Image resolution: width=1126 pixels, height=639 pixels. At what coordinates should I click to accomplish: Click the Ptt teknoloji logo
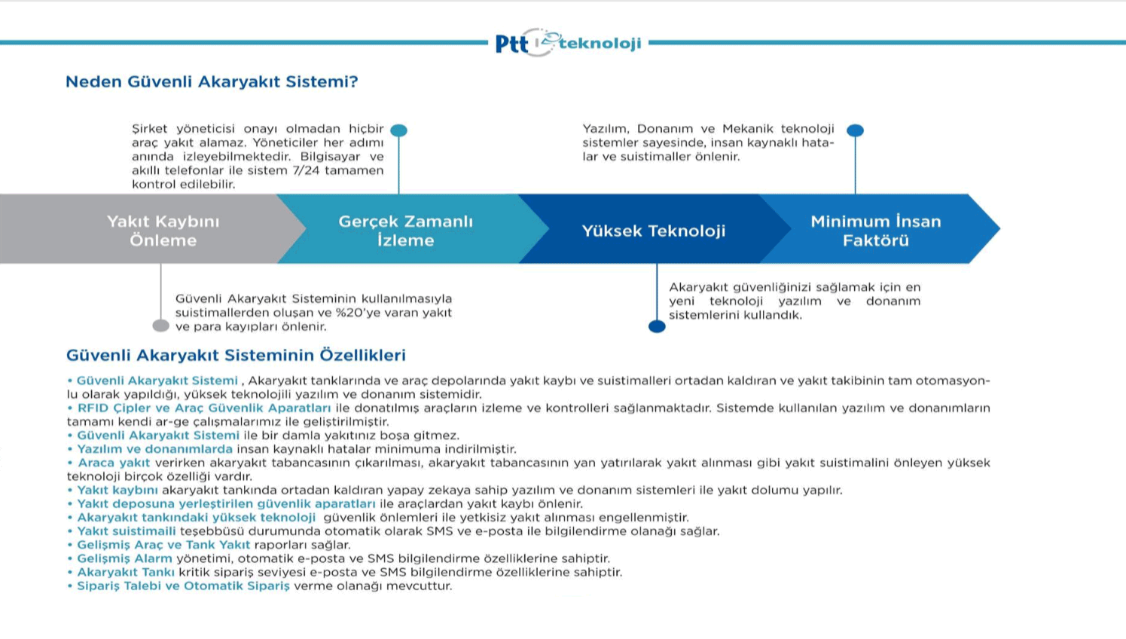[x=568, y=43]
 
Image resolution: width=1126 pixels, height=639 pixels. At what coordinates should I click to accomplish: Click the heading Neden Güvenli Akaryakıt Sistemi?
[x=212, y=81]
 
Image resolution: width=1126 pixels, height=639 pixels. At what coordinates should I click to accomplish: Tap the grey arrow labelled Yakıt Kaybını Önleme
[x=151, y=229]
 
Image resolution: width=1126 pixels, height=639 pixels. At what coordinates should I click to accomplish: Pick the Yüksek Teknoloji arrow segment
[x=654, y=229]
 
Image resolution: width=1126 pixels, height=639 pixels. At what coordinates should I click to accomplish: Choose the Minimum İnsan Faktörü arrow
[x=880, y=229]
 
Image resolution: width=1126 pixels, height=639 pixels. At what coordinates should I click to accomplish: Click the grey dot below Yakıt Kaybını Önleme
[x=161, y=326]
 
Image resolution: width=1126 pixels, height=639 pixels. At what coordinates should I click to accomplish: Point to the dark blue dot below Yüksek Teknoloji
[x=657, y=326]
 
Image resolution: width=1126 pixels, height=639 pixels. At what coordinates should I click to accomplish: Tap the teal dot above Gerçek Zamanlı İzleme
[x=398, y=130]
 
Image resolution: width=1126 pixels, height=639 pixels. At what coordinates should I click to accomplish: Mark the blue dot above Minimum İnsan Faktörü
[x=855, y=130]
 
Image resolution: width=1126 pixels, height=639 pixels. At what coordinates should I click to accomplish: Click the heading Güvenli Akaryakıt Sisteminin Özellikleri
[x=236, y=355]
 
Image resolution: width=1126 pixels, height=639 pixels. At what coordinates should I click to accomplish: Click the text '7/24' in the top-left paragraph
[x=306, y=170]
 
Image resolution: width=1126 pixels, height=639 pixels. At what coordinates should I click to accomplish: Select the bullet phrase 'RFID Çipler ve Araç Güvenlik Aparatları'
[x=204, y=408]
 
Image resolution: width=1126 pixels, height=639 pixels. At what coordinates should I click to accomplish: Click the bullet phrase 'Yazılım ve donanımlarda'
[x=155, y=449]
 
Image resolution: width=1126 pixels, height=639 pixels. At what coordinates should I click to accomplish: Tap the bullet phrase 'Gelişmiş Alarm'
[x=125, y=558]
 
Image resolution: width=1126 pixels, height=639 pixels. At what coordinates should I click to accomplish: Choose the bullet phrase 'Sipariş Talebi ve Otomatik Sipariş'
[x=184, y=586]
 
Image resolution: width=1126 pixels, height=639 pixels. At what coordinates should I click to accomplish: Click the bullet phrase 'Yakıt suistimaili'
[x=127, y=531]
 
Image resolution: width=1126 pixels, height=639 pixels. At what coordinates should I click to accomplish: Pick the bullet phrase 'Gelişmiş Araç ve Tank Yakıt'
[x=163, y=545]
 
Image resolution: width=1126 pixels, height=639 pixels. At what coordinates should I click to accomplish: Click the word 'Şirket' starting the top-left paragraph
[x=150, y=129]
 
